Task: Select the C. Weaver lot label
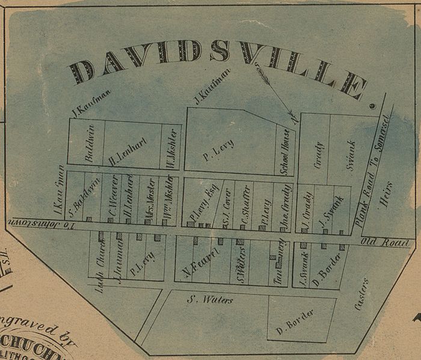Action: [x=112, y=198]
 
